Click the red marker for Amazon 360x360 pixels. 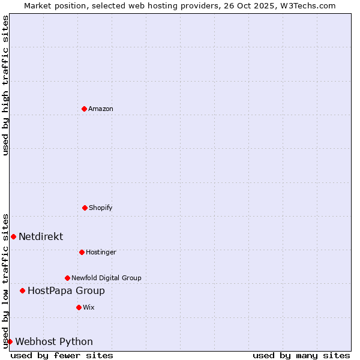84,109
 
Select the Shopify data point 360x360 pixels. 85,208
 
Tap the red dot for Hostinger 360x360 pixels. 82,252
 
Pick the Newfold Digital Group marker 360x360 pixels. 67,278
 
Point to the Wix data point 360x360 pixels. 79,307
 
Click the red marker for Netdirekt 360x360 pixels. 13,236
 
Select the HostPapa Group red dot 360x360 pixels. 22,290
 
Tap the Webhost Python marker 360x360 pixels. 10,341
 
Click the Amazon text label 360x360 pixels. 101,109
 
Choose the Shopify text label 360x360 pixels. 101,208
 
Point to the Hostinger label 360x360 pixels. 101,252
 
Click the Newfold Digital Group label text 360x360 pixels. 106,278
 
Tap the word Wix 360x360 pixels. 89,307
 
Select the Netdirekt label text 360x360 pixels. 41,236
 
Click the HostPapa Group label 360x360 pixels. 66,291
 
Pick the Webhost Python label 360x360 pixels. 54,342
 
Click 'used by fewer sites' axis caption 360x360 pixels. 62,355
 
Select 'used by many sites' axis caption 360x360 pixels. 301,355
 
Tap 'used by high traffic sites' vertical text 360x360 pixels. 5,85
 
